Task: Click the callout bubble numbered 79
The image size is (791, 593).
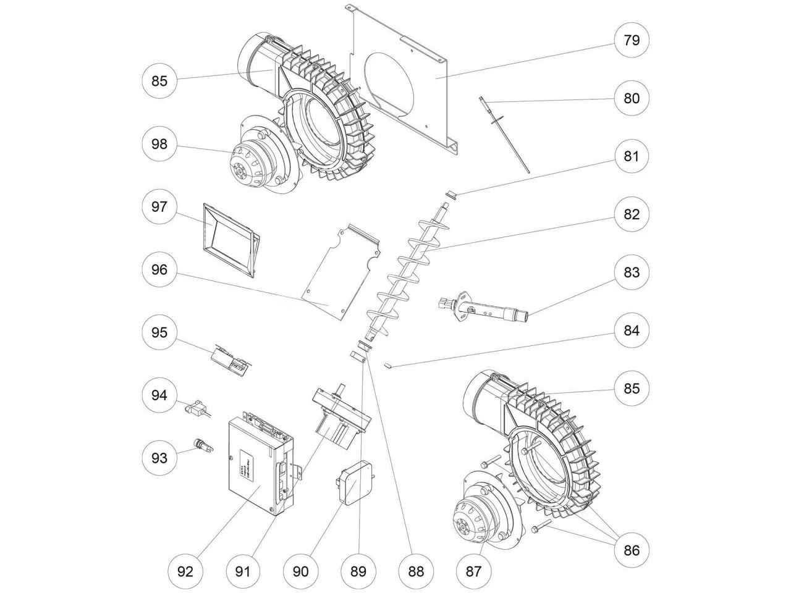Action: click(631, 41)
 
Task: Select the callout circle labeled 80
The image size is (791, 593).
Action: click(631, 98)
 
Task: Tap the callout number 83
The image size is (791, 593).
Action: click(631, 272)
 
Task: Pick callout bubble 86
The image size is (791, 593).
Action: click(631, 549)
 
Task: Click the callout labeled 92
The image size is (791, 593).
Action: click(185, 571)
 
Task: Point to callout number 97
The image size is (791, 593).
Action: click(159, 207)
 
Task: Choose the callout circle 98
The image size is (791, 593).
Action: click(159, 145)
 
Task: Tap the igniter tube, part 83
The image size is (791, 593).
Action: click(488, 309)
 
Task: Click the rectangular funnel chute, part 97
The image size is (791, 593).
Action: click(229, 238)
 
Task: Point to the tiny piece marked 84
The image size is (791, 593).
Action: click(387, 365)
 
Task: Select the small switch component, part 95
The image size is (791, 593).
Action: click(229, 361)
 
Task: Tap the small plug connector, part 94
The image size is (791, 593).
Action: click(197, 408)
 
